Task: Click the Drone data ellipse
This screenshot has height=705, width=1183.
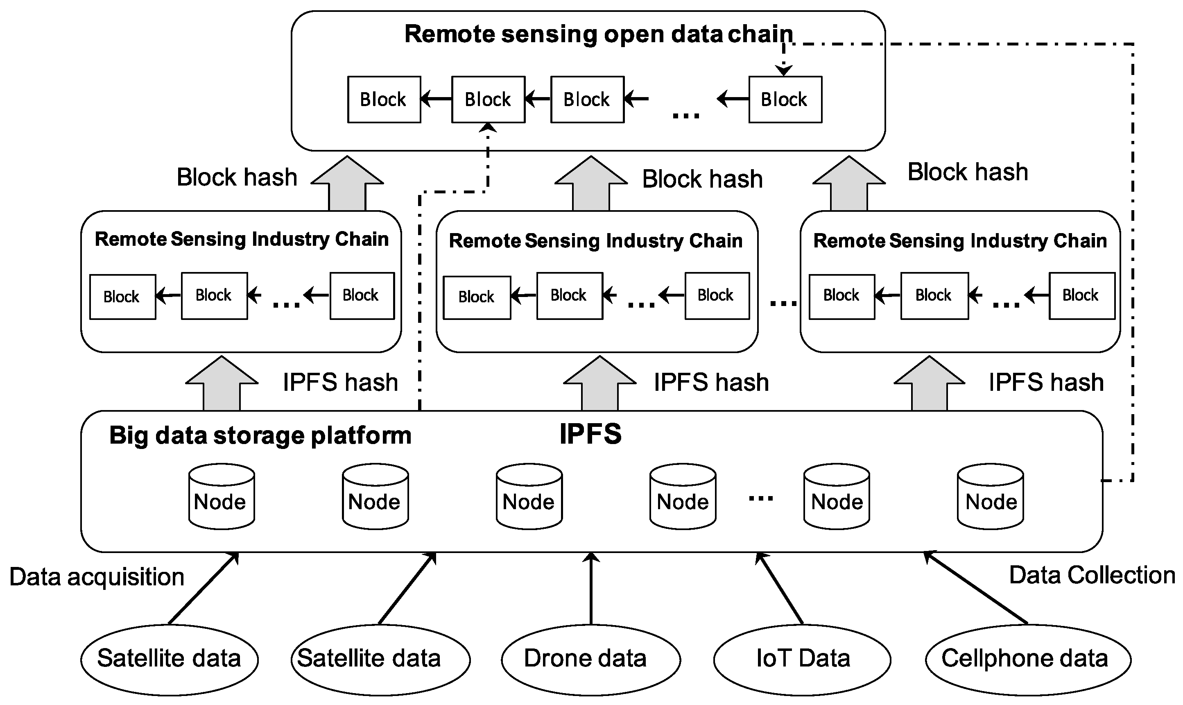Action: [591, 660]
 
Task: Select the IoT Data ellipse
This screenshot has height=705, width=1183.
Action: [802, 660]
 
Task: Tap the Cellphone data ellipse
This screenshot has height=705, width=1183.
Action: [1028, 660]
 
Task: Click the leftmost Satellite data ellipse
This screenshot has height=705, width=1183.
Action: [169, 660]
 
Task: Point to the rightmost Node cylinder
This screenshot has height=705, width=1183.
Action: [990, 497]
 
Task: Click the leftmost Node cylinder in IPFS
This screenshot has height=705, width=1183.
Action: [221, 497]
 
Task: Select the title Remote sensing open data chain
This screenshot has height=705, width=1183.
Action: [598, 34]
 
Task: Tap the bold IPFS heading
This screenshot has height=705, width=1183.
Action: [590, 434]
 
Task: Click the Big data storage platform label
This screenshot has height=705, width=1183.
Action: [260, 435]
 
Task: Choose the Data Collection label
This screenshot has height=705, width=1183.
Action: [1092, 575]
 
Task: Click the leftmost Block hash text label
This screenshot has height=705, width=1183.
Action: [237, 178]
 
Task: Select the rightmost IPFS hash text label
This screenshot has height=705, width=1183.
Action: [1046, 383]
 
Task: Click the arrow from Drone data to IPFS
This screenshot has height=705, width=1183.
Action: [591, 589]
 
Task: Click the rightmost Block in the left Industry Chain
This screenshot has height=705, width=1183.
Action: [362, 295]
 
